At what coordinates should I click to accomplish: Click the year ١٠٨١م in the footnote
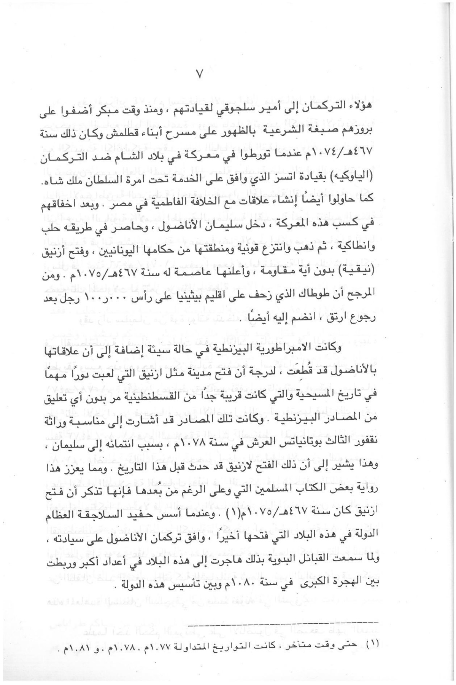click(x=70, y=643)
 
